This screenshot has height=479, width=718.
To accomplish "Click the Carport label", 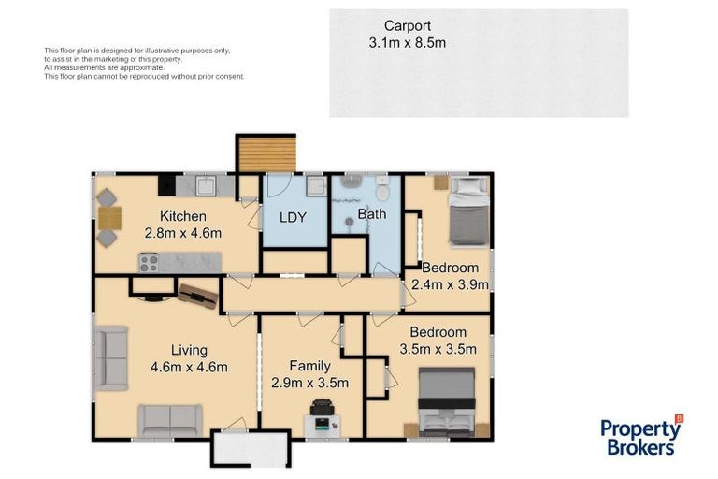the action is click(407, 25).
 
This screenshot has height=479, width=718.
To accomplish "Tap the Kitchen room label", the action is click(182, 216).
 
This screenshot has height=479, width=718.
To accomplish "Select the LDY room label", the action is click(293, 217).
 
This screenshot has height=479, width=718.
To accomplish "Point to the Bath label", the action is click(372, 213).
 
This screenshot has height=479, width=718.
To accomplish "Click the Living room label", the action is click(189, 351).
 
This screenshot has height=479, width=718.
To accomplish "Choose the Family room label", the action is click(310, 366).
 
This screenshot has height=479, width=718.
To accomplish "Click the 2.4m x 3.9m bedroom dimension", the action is click(450, 284).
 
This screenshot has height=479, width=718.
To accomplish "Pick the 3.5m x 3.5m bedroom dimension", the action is click(438, 349).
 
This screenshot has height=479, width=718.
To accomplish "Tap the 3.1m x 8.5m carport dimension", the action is click(407, 43).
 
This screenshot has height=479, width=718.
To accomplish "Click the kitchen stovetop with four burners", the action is click(149, 263).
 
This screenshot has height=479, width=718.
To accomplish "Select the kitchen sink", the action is click(206, 185).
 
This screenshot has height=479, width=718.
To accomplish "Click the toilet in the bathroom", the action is click(382, 189).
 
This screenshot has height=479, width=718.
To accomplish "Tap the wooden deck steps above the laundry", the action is click(267, 154).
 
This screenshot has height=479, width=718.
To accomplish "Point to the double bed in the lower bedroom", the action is click(447, 401).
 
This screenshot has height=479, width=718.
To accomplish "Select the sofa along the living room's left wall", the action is click(111, 358).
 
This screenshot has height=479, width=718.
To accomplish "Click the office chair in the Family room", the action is click(323, 407).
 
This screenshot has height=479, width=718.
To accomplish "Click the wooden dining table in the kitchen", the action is click(110, 218).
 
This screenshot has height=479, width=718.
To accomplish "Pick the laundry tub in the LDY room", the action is click(316, 186).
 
